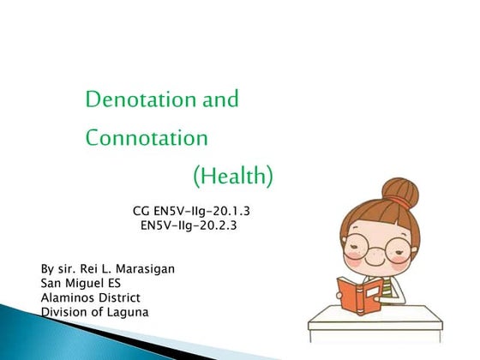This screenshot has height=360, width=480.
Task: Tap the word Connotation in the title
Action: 147,137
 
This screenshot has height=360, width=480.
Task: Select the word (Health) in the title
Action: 233,177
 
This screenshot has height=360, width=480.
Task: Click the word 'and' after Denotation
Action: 219,100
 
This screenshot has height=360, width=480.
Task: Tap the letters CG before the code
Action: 142,209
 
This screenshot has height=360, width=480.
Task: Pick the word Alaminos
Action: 70,297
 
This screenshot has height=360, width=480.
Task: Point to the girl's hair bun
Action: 399,189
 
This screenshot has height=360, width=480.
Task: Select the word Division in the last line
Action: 66,312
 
